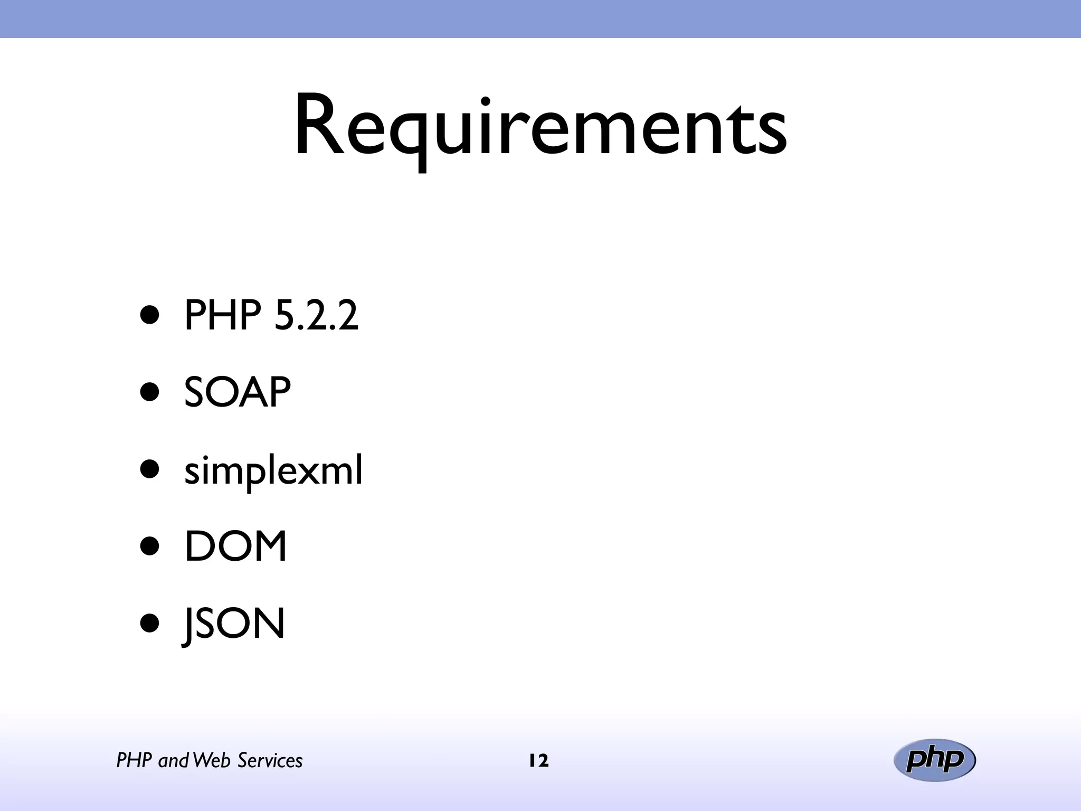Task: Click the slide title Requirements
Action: tap(540, 127)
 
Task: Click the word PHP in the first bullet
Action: tap(222, 315)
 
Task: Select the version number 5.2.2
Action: tap(316, 315)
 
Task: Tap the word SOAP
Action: tap(237, 392)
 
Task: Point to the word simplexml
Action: tap(273, 470)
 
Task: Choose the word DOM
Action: tap(235, 546)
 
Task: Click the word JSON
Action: tap(233, 624)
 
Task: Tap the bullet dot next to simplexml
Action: tap(150, 469)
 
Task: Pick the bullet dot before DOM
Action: tap(150, 546)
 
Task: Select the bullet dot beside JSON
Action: tap(150, 624)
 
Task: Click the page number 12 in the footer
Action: tap(538, 761)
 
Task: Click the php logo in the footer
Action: tap(934, 760)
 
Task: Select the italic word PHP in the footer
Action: tap(134, 761)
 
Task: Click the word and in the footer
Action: tap(173, 761)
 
